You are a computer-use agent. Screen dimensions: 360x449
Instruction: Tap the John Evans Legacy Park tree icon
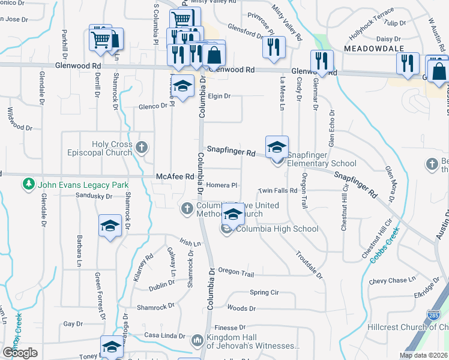[x=27, y=183]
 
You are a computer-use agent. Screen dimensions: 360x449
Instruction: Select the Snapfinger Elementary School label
[x=322, y=163]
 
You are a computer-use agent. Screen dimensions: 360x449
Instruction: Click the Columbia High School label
[x=277, y=229]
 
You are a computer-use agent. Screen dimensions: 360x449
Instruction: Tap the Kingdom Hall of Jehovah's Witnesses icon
[x=197, y=341]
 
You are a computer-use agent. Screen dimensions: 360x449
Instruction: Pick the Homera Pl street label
[x=222, y=185]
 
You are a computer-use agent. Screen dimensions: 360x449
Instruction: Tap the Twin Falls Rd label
[x=278, y=191]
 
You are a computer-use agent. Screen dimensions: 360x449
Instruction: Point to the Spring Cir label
[x=264, y=293]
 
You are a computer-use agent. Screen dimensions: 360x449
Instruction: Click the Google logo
[x=20, y=353]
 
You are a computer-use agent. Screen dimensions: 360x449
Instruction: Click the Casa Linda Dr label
[x=163, y=335]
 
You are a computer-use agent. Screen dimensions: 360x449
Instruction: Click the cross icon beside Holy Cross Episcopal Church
[x=142, y=147]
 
